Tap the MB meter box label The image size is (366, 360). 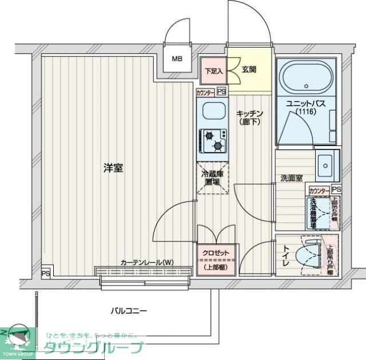tap(178, 58)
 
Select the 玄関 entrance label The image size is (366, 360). tap(249, 70)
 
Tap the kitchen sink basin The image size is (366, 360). tap(213, 111)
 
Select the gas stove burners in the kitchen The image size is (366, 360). tap(213, 141)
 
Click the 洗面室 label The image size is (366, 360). tap(291, 178)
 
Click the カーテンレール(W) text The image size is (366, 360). tap(147, 263)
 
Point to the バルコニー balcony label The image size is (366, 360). tap(129, 311)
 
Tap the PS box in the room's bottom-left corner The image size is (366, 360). tap(45, 273)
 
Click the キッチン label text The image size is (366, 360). tap(249, 113)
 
